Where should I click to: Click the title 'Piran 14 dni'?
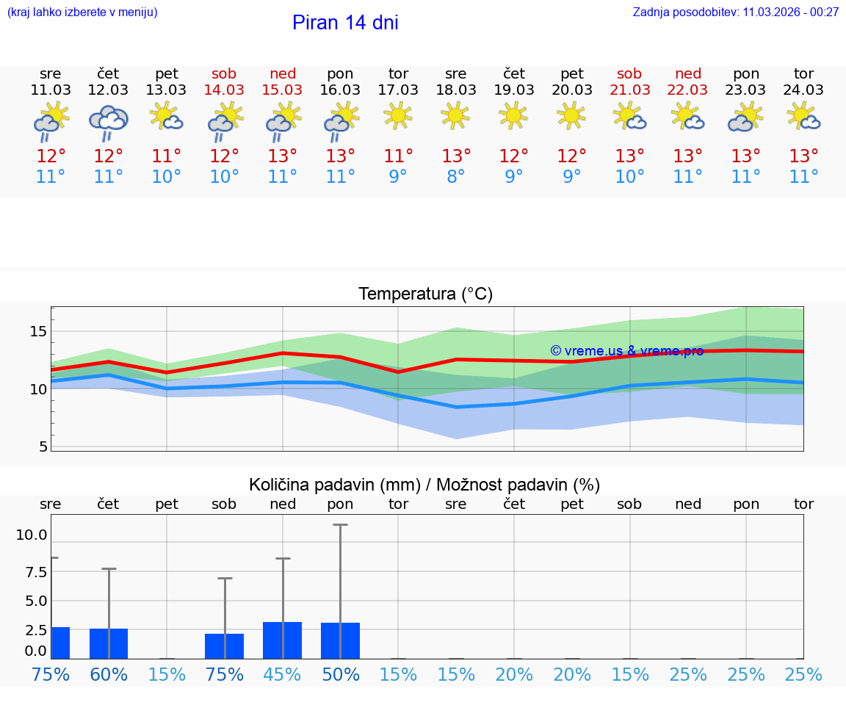tap(345, 23)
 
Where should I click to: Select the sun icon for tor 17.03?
tap(398, 115)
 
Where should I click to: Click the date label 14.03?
tap(224, 90)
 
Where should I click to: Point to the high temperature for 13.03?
tap(167, 156)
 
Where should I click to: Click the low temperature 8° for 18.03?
tap(455, 177)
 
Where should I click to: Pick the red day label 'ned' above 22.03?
tap(688, 73)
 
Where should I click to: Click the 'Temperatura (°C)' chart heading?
tap(425, 294)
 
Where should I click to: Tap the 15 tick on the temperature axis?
tap(37, 331)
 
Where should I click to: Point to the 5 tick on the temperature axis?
tap(42, 446)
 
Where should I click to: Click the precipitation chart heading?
tap(424, 485)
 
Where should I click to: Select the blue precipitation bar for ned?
tap(283, 640)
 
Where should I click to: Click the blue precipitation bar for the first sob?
tap(224, 646)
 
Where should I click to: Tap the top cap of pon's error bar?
tap(340, 525)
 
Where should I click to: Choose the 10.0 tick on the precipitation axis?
tap(32, 535)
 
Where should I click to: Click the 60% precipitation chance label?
tap(109, 674)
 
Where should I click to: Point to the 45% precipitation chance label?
tap(283, 674)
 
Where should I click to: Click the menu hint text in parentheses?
tap(82, 12)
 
